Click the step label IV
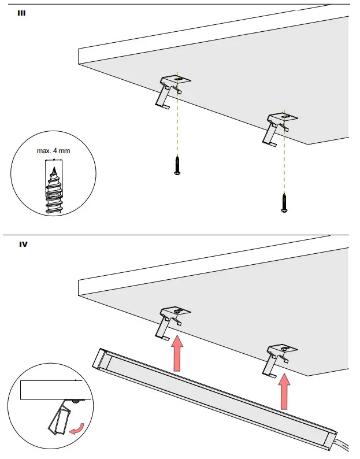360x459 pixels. pos(24,244)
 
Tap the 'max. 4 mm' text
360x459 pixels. pos(53,151)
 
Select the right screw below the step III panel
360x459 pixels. pos(284,203)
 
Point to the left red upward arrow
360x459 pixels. pos(177,354)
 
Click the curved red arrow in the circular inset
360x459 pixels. pos(76,428)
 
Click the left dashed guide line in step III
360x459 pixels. pos(178,127)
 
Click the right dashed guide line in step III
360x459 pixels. pos(284,162)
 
